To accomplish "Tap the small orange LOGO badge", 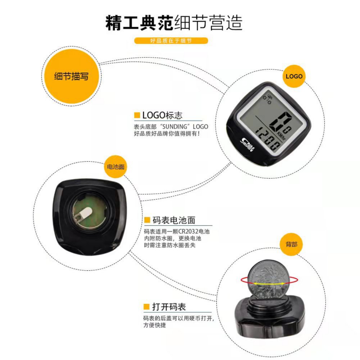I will pos(294,76).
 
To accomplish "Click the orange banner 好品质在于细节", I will pos(171,41).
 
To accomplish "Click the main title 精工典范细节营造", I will pos(174,23).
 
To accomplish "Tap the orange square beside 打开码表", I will pos(146,307).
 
